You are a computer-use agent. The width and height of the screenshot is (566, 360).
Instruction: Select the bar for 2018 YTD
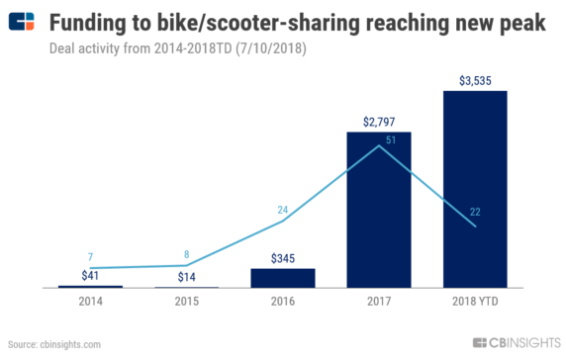pyautogui.click(x=475, y=189)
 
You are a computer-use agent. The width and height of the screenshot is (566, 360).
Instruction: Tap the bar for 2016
pyautogui.click(x=282, y=278)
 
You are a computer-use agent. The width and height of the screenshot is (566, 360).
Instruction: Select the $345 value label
pyautogui.click(x=282, y=258)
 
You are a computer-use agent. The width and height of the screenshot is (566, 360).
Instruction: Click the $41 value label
pyautogui.click(x=89, y=276)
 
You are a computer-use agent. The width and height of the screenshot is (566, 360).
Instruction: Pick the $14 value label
pyautogui.click(x=185, y=276)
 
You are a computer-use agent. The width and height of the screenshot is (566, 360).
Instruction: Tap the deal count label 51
pyautogui.click(x=391, y=140)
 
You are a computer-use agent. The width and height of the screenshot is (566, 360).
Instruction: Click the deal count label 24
pyautogui.click(x=282, y=210)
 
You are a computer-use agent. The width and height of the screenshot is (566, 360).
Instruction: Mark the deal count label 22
pyautogui.click(x=475, y=211)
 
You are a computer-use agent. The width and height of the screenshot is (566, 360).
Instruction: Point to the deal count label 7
pyautogui.click(x=89, y=257)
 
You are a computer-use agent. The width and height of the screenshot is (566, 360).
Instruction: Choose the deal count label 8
pyautogui.click(x=185, y=254)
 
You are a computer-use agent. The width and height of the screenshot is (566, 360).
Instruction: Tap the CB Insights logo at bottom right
pyautogui.click(x=516, y=343)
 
